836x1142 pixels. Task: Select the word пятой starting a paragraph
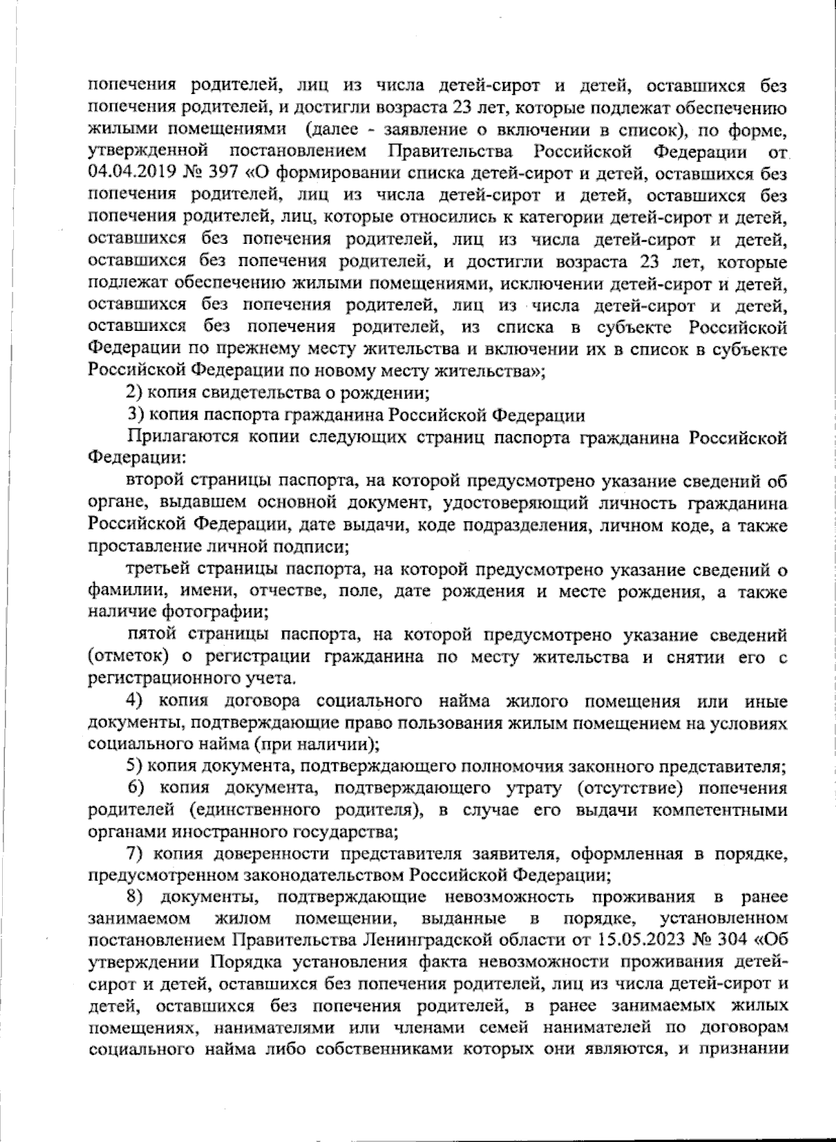click(x=152, y=635)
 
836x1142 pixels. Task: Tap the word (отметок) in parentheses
click(x=129, y=658)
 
